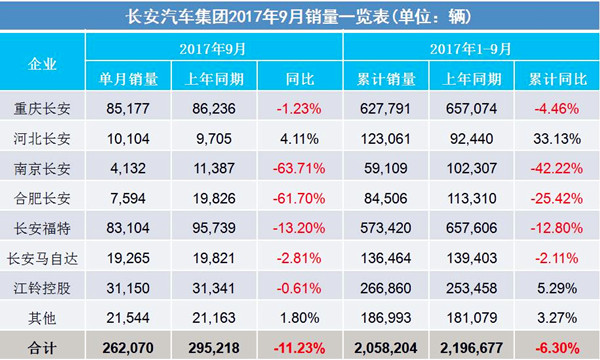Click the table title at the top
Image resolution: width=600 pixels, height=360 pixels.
[300, 16]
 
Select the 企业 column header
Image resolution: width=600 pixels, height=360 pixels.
[44, 63]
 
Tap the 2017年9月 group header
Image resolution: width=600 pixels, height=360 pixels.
[214, 48]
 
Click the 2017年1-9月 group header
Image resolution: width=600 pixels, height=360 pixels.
[470, 48]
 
